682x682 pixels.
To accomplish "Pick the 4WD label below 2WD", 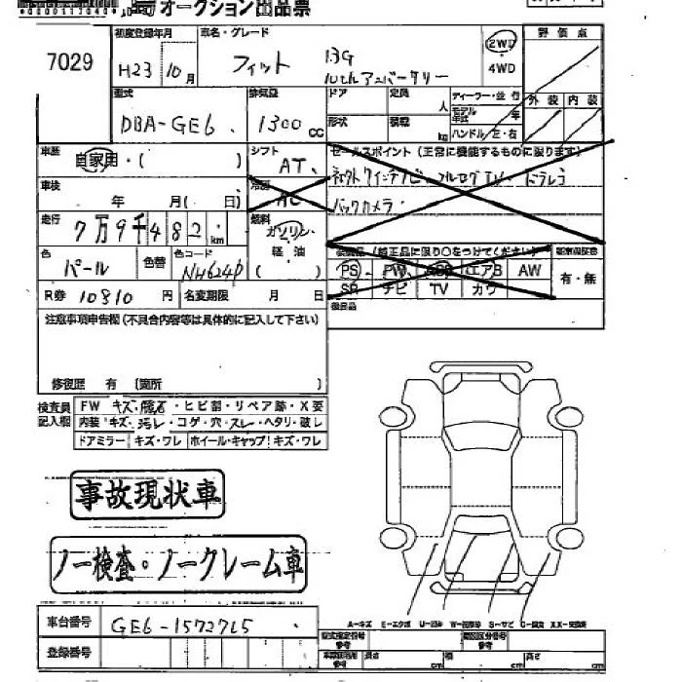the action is coord(502,70).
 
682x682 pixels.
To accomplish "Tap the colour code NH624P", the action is coord(207,266).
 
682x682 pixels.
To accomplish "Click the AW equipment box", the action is coord(529,269).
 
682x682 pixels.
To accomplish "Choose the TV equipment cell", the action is coord(438,289).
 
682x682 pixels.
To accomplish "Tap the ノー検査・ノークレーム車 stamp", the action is coord(177,563).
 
